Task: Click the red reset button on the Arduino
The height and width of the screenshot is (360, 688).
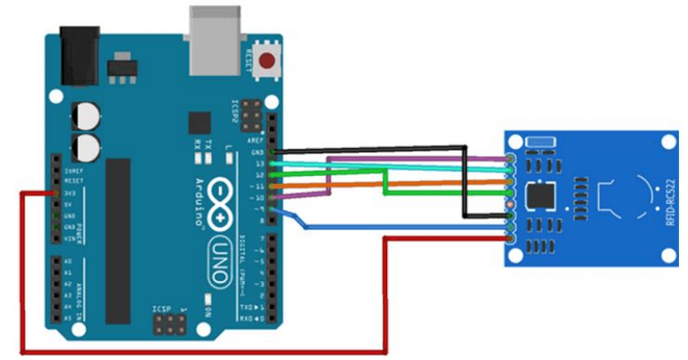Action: (x=267, y=62)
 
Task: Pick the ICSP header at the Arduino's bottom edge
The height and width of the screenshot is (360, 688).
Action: (x=168, y=320)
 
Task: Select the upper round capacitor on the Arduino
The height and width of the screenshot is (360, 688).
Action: (x=87, y=115)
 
